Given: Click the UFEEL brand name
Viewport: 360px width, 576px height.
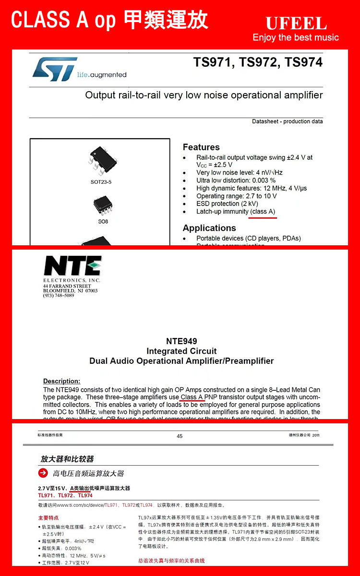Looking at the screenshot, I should point(296,23).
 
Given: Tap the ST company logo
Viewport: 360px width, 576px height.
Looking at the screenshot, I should point(55,69).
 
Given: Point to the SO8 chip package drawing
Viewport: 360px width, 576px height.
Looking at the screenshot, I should point(103,205).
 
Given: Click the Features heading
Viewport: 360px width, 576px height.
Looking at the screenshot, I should point(201,147).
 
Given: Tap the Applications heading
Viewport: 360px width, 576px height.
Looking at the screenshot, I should point(209,228).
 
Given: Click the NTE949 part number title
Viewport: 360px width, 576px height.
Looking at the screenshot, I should point(181,341).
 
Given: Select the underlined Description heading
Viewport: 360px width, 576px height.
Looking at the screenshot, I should point(61,381).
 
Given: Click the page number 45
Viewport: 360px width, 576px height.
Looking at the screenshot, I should point(180,436).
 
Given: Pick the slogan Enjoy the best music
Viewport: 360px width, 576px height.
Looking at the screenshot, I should point(296,37).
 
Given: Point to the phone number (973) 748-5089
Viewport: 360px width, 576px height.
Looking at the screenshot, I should point(59,296).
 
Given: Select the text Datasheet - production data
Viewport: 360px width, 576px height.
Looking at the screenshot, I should point(287,121).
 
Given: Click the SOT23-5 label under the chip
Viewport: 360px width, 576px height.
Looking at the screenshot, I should point(101,182).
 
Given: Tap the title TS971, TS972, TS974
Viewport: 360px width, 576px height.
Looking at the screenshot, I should point(258,62).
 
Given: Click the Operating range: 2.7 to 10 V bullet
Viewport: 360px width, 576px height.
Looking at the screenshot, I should point(236,196).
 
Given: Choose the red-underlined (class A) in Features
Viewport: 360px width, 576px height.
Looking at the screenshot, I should point(263,212).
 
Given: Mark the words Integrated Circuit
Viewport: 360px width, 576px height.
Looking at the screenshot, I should point(181,351).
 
